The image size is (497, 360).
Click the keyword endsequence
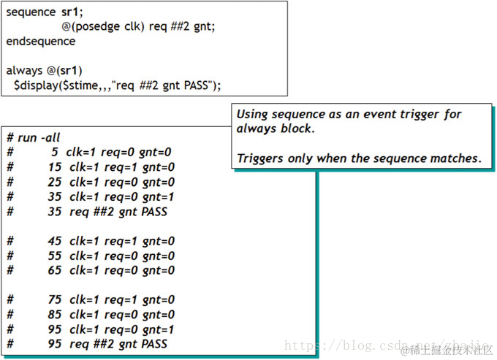[x=40, y=42]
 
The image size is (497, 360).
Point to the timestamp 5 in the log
[x=54, y=152]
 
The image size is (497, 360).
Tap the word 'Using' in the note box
[x=253, y=115]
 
